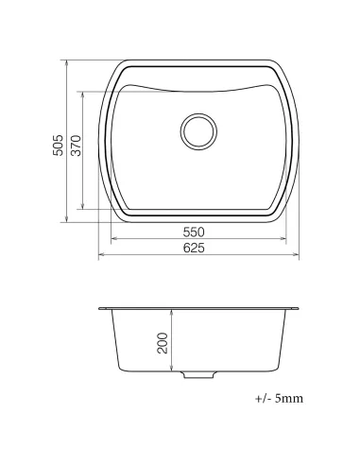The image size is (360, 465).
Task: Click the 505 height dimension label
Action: (x=59, y=144)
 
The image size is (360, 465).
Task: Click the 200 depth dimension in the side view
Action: (x=163, y=341)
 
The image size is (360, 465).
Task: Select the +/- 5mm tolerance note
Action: (x=279, y=400)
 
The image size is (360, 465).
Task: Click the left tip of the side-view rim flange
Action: (x=99, y=309)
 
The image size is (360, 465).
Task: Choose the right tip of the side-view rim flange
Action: (x=300, y=309)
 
